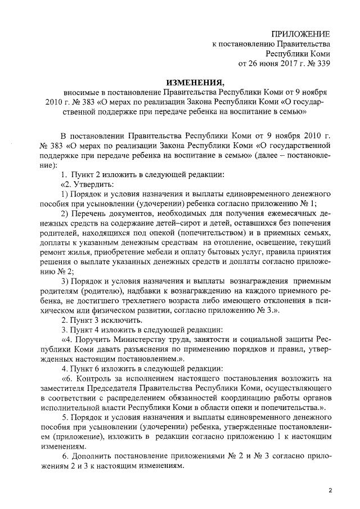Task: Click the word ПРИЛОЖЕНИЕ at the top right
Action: (300, 35)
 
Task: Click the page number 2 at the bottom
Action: (330, 491)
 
